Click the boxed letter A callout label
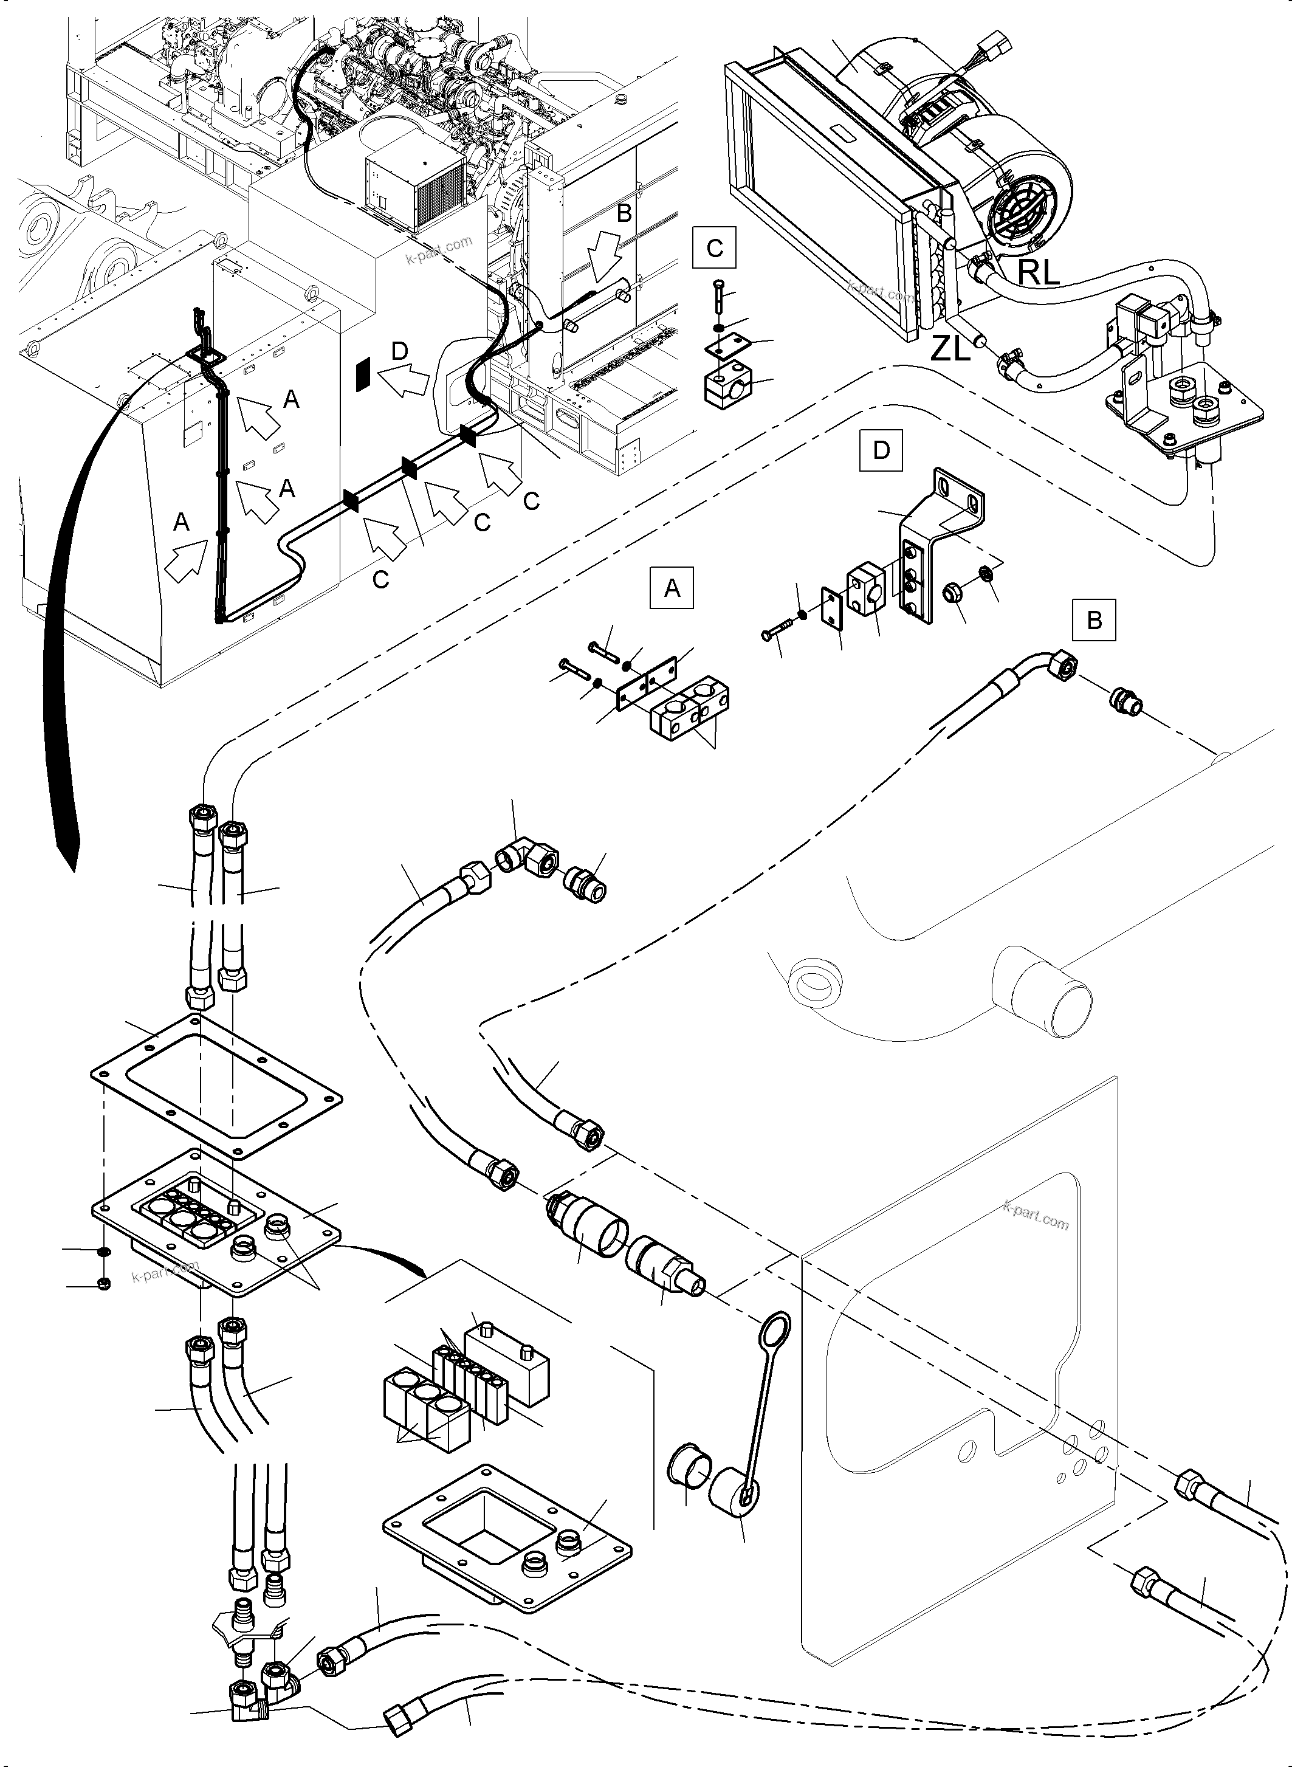coord(672,588)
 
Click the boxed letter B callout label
coord(1094,619)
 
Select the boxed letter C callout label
coord(714,249)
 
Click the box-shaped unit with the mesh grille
coord(414,190)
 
